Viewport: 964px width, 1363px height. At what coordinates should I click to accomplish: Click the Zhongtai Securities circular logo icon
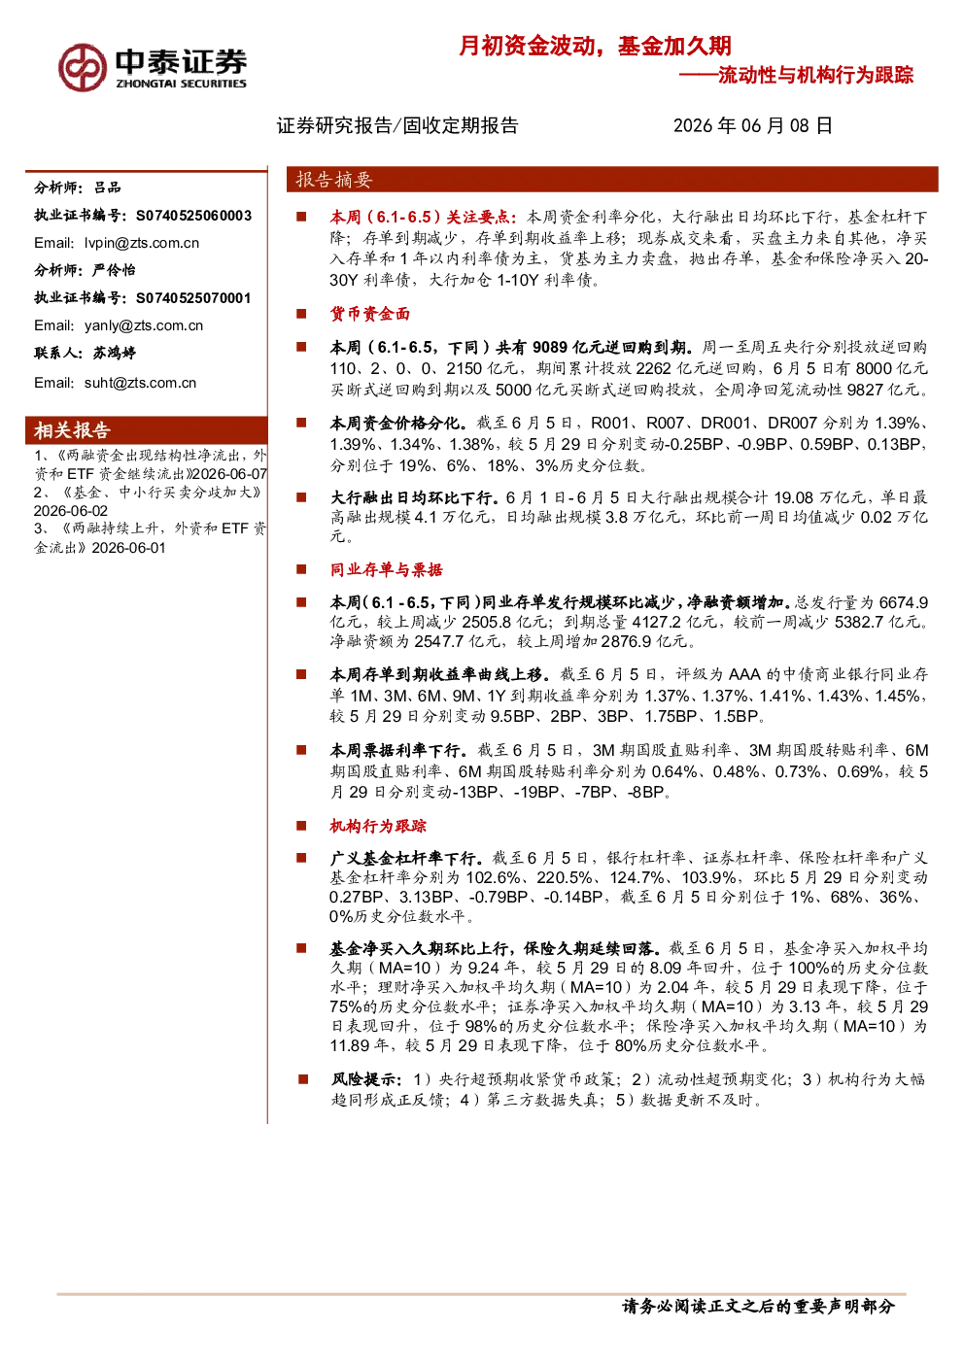83,68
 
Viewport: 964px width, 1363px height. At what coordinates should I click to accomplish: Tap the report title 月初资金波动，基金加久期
595,46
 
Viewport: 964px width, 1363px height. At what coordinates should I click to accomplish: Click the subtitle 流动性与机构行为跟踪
815,75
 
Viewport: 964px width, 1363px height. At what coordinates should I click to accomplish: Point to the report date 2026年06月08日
752,125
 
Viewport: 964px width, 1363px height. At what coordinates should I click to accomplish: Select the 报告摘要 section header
333,180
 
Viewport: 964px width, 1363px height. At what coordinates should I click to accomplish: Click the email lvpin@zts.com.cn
142,244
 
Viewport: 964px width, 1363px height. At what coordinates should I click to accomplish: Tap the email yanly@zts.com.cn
144,325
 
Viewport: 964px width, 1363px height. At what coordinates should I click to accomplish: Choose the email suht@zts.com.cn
140,383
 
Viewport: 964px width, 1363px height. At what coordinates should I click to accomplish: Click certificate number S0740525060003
193,216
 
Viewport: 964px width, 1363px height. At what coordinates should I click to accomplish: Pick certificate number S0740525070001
193,298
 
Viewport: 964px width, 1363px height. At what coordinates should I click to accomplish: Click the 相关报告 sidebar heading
72,430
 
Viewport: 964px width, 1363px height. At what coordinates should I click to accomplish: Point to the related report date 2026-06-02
71,511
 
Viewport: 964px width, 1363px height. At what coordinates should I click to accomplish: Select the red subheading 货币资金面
370,314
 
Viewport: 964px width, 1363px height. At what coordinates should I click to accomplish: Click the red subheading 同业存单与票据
387,569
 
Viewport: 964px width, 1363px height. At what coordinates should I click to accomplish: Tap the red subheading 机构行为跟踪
378,826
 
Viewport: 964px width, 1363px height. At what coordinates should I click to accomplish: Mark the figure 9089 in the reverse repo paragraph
552,348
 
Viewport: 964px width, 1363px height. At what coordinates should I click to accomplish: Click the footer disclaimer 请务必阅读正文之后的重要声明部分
758,1306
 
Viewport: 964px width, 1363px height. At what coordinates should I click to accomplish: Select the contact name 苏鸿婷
115,353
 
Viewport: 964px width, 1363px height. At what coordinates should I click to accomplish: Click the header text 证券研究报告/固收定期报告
397,125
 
